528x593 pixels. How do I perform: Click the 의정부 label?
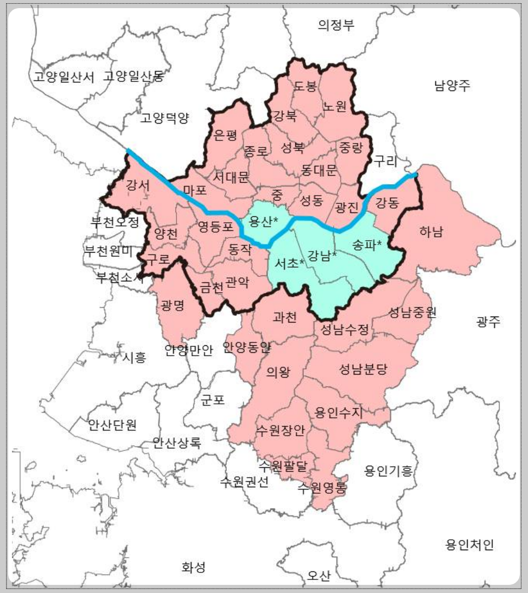tap(336, 25)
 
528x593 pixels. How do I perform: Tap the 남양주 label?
tap(452, 85)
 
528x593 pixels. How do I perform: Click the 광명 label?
tap(173, 305)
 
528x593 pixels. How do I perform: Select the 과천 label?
tap(285, 318)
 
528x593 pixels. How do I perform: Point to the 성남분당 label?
tap(364, 370)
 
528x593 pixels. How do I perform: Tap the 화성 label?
tap(194, 568)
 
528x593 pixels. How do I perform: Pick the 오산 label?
tap(319, 576)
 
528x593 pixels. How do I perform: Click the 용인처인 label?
tap(469, 545)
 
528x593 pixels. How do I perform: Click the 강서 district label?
tap(137, 185)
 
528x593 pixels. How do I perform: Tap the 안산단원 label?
tap(112, 424)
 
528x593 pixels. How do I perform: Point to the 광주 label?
tap(489, 322)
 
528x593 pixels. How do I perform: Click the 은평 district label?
tap(226, 136)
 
